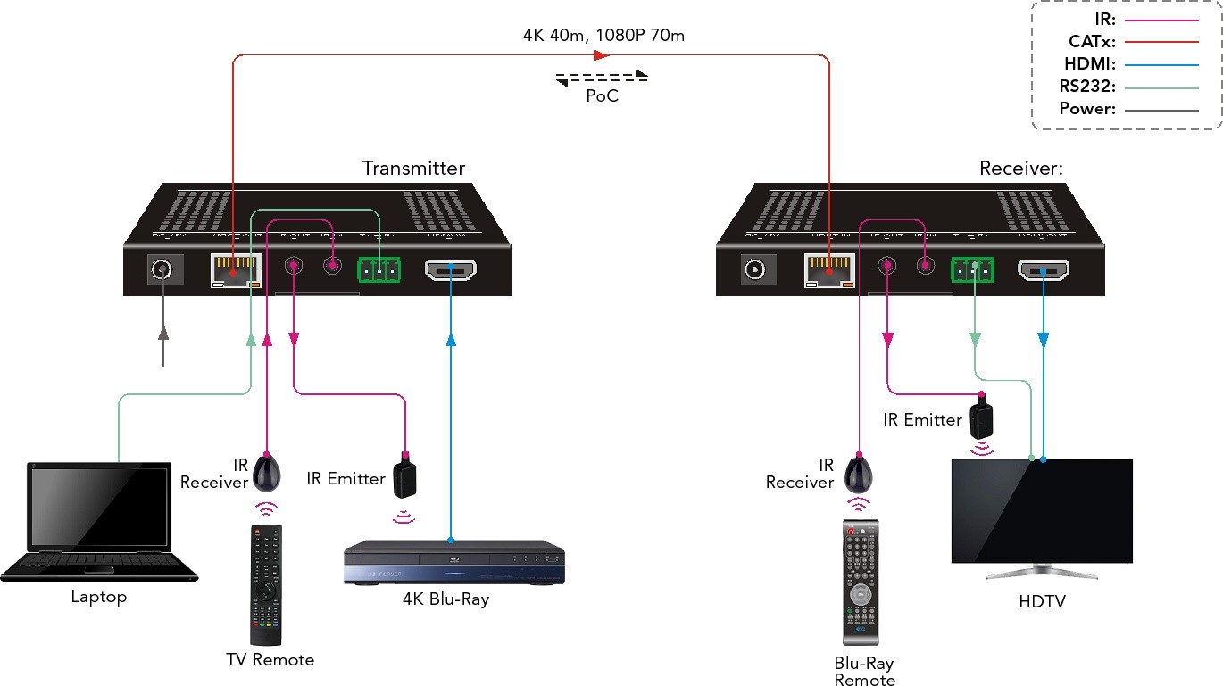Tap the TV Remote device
click(x=266, y=584)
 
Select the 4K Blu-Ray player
click(x=454, y=563)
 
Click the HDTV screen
click(x=1041, y=510)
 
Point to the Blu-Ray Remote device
click(x=861, y=582)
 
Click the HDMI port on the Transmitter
click(x=451, y=269)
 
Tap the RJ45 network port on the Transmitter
click(x=236, y=270)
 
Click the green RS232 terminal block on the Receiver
click(x=972, y=269)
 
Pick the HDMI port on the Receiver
click(x=1044, y=270)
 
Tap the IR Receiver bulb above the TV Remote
click(x=268, y=472)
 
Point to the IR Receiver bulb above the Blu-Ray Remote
click(x=859, y=472)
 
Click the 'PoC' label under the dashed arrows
click(x=602, y=96)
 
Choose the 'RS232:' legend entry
click(x=1089, y=87)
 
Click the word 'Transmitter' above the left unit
click(x=413, y=168)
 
